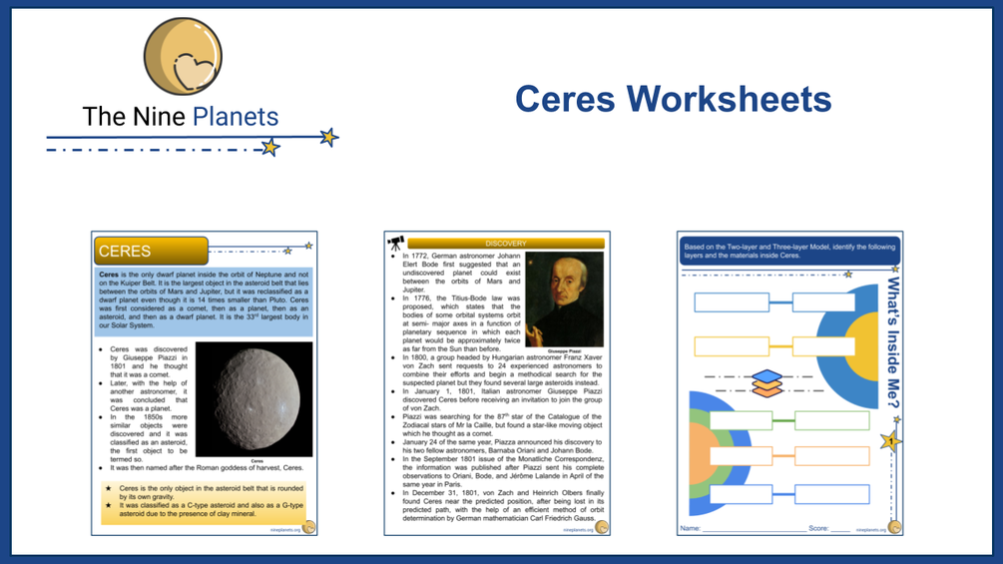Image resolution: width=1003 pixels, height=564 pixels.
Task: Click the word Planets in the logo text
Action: (235, 117)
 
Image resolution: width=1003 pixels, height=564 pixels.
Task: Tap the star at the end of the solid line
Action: (328, 137)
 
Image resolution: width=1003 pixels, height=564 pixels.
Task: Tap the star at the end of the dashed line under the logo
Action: (269, 148)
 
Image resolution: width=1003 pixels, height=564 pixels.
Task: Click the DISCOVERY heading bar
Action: (505, 244)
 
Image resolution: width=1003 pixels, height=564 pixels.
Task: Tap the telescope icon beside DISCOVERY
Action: (395, 244)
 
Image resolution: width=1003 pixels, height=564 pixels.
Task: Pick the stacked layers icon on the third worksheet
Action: (766, 383)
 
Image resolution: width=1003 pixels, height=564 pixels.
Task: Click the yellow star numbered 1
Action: (890, 440)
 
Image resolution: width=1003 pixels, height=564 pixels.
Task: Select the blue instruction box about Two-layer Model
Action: (788, 251)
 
